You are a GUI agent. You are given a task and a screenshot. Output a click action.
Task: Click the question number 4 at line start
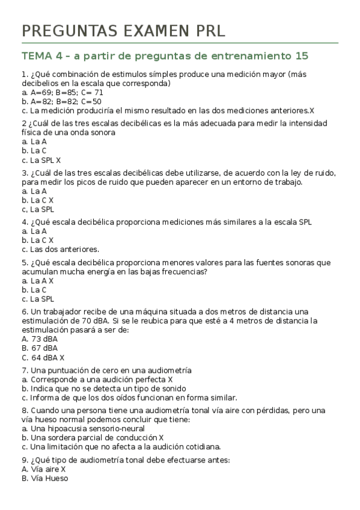(23, 222)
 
